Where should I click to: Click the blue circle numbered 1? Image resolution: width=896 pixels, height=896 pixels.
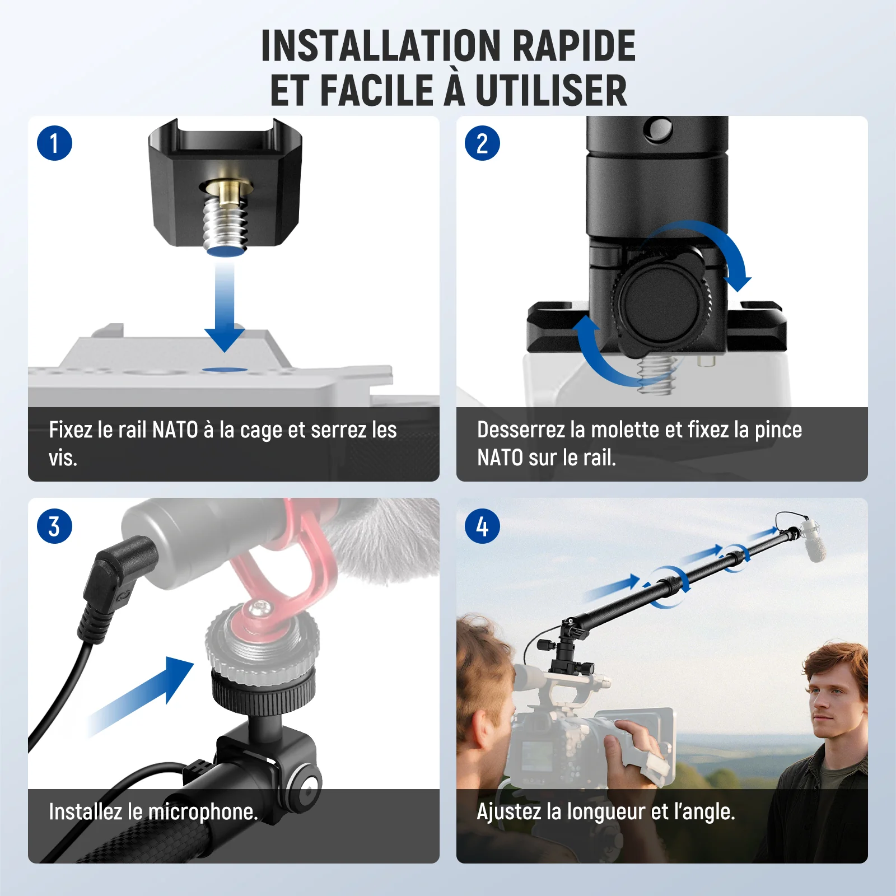click(54, 143)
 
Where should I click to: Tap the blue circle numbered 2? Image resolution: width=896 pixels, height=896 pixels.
click(482, 143)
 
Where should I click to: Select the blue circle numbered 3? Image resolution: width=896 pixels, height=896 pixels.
click(54, 526)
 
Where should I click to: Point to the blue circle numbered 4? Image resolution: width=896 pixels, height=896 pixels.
click(482, 526)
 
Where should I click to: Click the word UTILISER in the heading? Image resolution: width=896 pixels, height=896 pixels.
click(551, 90)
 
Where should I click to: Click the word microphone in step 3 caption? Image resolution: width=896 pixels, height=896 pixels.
click(201, 812)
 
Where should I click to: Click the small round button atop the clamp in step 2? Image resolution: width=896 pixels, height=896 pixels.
click(658, 129)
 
